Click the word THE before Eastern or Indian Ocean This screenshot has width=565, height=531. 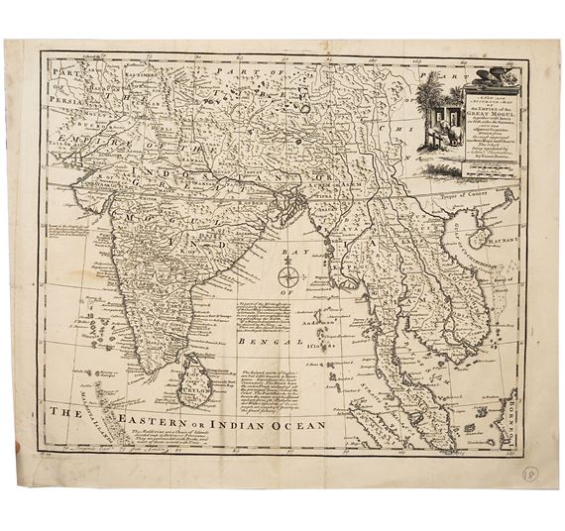click(x=71, y=416)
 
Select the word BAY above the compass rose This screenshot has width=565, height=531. click(x=288, y=248)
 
